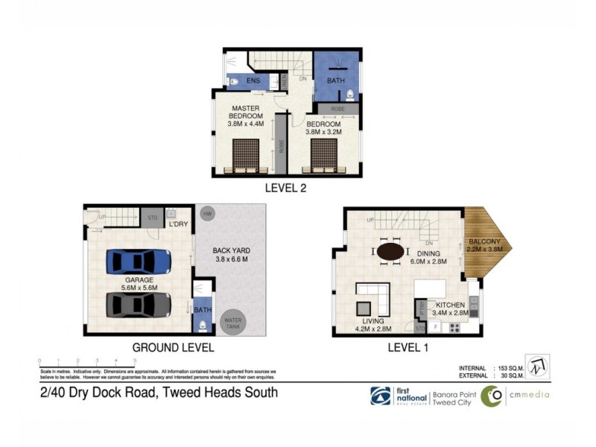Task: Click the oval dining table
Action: click(392, 252)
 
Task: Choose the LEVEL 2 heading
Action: click(286, 188)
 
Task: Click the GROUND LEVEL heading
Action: click(173, 347)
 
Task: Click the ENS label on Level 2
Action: click(253, 80)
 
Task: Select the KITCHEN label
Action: click(451, 305)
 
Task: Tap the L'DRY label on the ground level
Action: click(178, 223)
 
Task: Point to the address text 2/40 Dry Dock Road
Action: click(158, 393)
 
